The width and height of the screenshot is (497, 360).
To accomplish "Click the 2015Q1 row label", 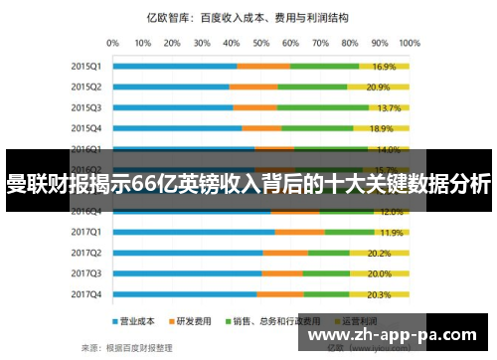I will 85,67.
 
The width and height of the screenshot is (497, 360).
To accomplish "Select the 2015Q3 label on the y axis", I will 85,107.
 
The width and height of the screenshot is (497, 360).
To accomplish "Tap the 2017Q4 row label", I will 85,294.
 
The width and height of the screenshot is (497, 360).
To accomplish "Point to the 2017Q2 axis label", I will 85,253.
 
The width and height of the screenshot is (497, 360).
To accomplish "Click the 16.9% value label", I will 385,67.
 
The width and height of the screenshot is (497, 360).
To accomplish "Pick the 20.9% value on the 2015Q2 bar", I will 378,87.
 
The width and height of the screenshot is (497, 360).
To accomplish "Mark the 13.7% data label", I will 389,107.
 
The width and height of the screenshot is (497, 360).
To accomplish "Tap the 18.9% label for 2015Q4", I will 382,128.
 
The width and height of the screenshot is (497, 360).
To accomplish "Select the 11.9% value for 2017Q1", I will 392,232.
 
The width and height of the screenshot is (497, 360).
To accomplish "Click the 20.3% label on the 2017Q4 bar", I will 379,294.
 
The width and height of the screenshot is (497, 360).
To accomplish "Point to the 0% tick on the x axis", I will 112,44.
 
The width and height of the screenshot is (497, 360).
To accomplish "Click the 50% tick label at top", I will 261,44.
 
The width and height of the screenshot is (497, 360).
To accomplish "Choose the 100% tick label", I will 408,44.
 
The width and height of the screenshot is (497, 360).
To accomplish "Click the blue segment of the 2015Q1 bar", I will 174,67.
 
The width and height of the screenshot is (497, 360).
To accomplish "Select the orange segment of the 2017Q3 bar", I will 282,273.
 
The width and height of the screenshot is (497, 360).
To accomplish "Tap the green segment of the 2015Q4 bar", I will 318,128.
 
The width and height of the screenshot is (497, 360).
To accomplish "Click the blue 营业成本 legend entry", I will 131,321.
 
